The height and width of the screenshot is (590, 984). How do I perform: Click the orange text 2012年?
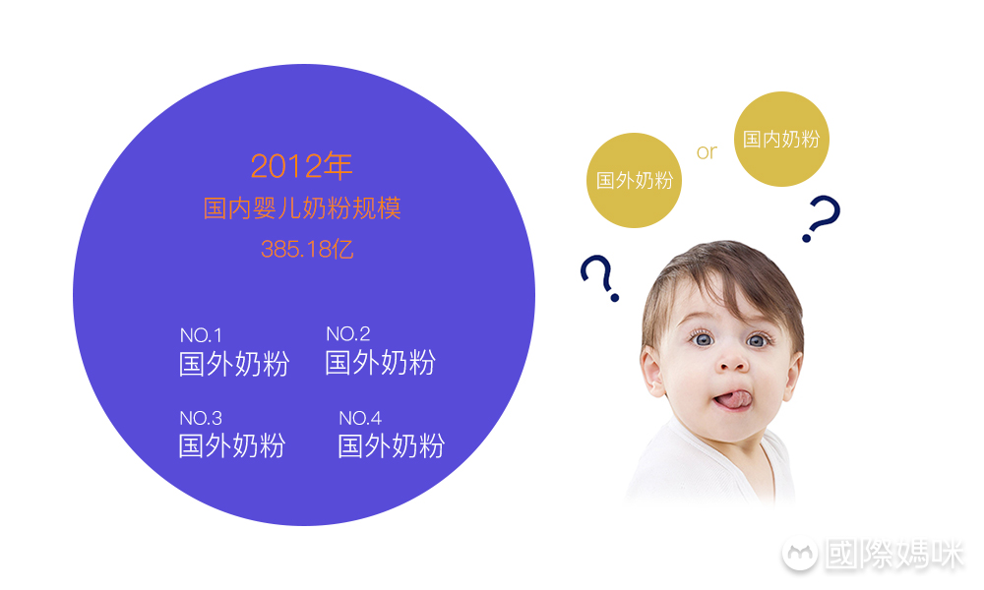click(301, 166)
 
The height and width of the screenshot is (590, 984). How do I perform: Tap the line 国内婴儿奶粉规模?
click(302, 208)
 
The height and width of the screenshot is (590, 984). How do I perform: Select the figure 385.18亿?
click(307, 249)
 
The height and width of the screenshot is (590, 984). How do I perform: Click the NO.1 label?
click(201, 336)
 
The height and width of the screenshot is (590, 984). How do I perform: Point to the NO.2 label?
click(347, 334)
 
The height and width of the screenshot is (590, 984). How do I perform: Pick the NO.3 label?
click(201, 419)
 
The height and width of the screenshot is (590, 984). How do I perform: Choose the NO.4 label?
click(360, 419)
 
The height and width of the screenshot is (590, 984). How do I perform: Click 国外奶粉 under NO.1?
click(233, 364)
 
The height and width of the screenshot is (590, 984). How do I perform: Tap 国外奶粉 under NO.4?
click(391, 446)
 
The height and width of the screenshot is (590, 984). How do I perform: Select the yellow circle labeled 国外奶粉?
click(635, 181)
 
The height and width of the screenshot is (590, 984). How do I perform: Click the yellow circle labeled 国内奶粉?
click(781, 140)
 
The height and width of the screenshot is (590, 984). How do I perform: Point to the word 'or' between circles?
click(707, 152)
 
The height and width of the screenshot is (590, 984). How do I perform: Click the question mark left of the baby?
click(599, 278)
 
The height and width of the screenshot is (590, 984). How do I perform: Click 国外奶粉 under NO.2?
click(380, 363)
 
